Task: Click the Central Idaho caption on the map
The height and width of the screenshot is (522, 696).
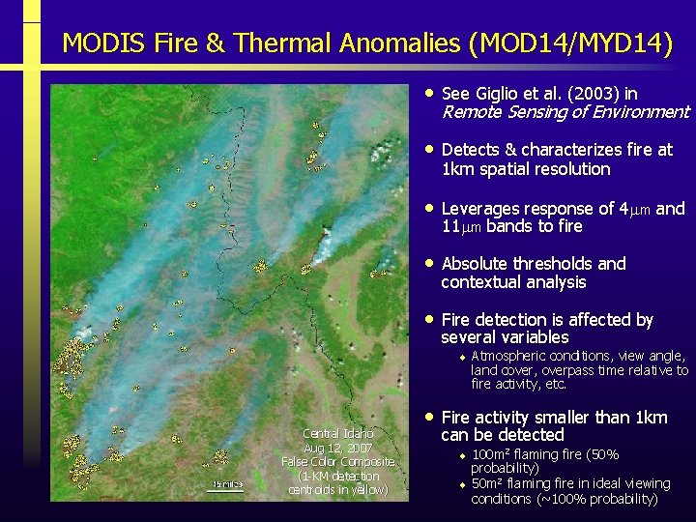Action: (337, 434)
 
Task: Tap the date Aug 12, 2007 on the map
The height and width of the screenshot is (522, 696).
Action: (337, 449)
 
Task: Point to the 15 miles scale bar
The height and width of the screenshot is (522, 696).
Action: (227, 485)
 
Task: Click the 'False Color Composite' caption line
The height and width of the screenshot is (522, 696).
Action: (337, 462)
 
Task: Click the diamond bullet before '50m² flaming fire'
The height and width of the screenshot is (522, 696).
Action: (462, 484)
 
